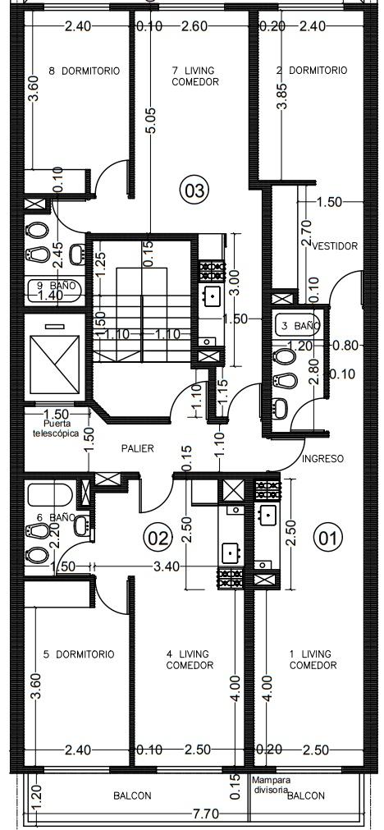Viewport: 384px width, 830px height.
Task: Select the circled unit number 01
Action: coord(328,539)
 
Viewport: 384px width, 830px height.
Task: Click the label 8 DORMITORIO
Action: coord(84,71)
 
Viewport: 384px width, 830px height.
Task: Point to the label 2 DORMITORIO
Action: coord(312,70)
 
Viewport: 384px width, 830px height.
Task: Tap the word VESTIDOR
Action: coord(336,246)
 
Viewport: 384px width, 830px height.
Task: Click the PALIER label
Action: coord(137,449)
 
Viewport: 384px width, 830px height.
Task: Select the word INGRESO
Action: coord(322,458)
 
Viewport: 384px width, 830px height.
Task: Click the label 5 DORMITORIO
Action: coord(79,655)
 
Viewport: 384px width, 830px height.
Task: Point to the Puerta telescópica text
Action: coord(62,429)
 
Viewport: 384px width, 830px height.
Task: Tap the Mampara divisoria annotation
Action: coord(270,785)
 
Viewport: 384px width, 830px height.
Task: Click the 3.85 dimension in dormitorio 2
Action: coord(284,96)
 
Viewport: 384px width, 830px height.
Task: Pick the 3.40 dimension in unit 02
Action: coord(167,566)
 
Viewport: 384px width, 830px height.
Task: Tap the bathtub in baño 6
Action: coord(50,496)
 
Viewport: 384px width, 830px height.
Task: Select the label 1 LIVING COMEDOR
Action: coord(313,659)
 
